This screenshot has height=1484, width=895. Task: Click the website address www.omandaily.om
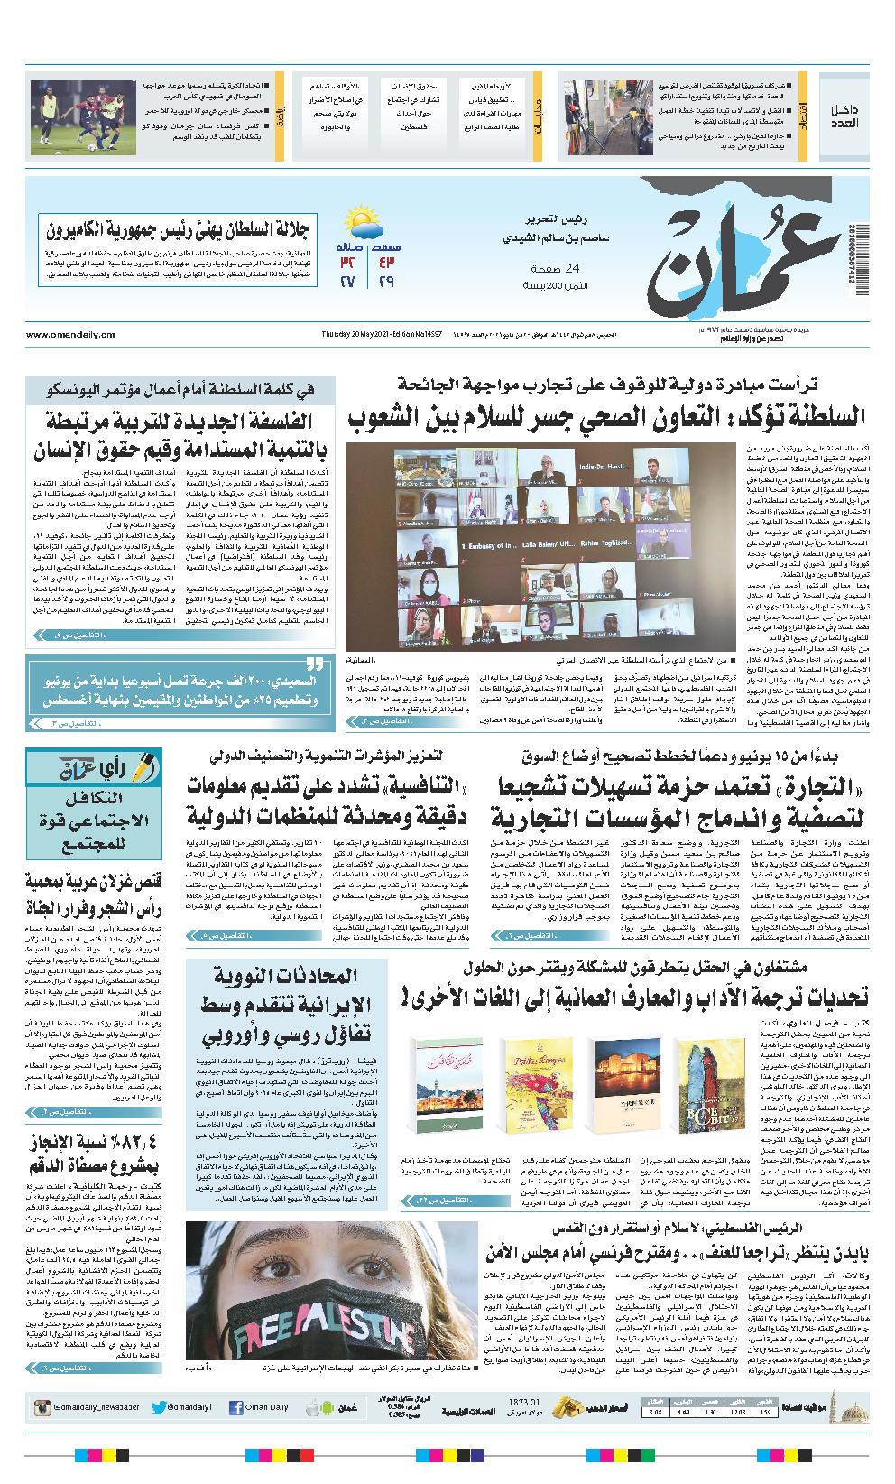coord(71,334)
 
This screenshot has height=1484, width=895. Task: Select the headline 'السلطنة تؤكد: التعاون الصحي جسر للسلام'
coord(606,419)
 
